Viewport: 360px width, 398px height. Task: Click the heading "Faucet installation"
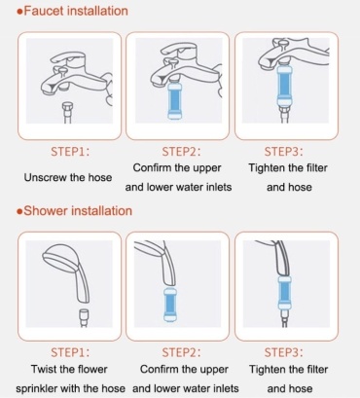tap(76, 11)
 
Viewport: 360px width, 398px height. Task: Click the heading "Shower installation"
tap(78, 211)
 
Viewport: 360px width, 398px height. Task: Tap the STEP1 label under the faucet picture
tap(70, 152)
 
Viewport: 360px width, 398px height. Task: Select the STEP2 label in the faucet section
tap(181, 152)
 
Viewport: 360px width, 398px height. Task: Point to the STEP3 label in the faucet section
tap(283, 152)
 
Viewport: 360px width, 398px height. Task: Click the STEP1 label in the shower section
tap(70, 352)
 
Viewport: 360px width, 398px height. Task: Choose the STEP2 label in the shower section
tap(181, 352)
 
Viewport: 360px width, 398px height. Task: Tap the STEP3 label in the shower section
tap(283, 352)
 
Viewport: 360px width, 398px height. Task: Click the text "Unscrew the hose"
tap(68, 177)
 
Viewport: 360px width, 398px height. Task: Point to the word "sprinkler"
tap(37, 388)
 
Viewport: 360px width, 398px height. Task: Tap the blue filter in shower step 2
tap(171, 305)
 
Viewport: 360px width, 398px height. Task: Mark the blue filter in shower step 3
tap(284, 294)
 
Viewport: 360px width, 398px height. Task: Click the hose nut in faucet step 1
tap(68, 107)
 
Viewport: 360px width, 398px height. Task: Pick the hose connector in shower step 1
tap(84, 314)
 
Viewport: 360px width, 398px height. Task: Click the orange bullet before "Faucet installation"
tap(19, 12)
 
